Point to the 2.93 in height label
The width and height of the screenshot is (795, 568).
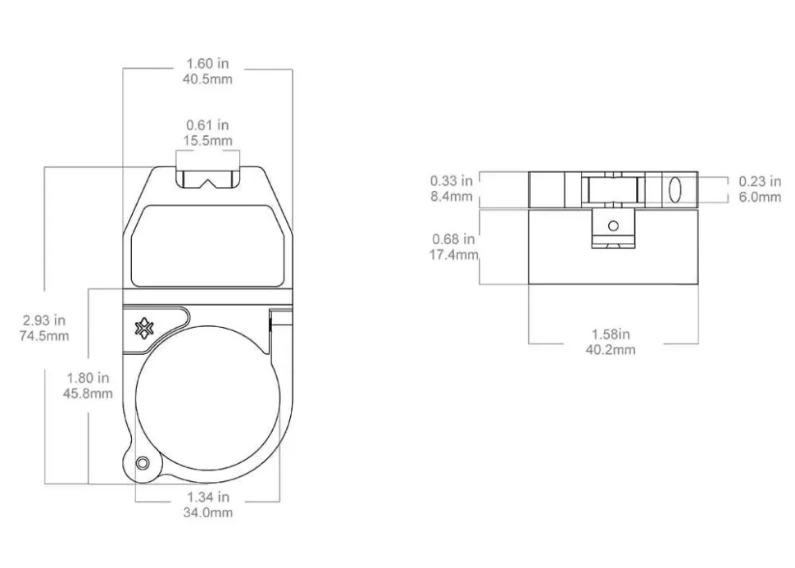[43, 321]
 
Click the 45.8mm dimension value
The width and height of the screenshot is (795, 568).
[89, 393]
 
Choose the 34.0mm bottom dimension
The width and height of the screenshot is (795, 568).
[208, 512]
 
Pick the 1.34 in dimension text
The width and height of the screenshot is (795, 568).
[208, 497]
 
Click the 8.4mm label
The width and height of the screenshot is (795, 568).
[450, 197]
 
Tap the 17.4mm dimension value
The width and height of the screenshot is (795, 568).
[454, 255]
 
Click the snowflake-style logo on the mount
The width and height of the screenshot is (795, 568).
[145, 329]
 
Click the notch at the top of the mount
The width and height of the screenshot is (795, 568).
[208, 178]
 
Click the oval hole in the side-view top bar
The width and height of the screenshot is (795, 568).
[674, 189]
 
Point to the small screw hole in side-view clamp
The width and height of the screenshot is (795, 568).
[611, 225]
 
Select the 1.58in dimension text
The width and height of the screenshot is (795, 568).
[611, 334]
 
